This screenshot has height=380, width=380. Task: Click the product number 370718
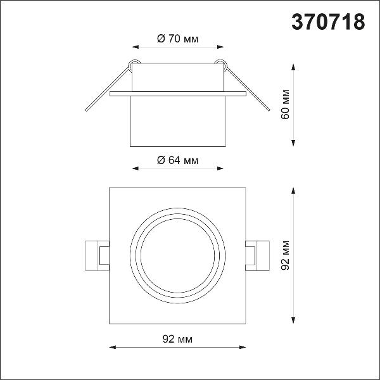328,22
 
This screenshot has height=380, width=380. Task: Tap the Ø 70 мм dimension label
177,39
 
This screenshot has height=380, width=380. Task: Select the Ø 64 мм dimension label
177,160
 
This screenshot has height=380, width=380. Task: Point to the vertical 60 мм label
285,104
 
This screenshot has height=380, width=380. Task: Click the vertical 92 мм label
285,255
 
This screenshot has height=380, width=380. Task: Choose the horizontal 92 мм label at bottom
177,339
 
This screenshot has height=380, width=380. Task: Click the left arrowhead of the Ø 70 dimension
136,47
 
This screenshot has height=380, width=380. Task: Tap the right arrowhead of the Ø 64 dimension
220,168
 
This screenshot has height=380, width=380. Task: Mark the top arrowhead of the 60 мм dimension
293,67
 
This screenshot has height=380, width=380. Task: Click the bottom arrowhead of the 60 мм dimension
293,143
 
